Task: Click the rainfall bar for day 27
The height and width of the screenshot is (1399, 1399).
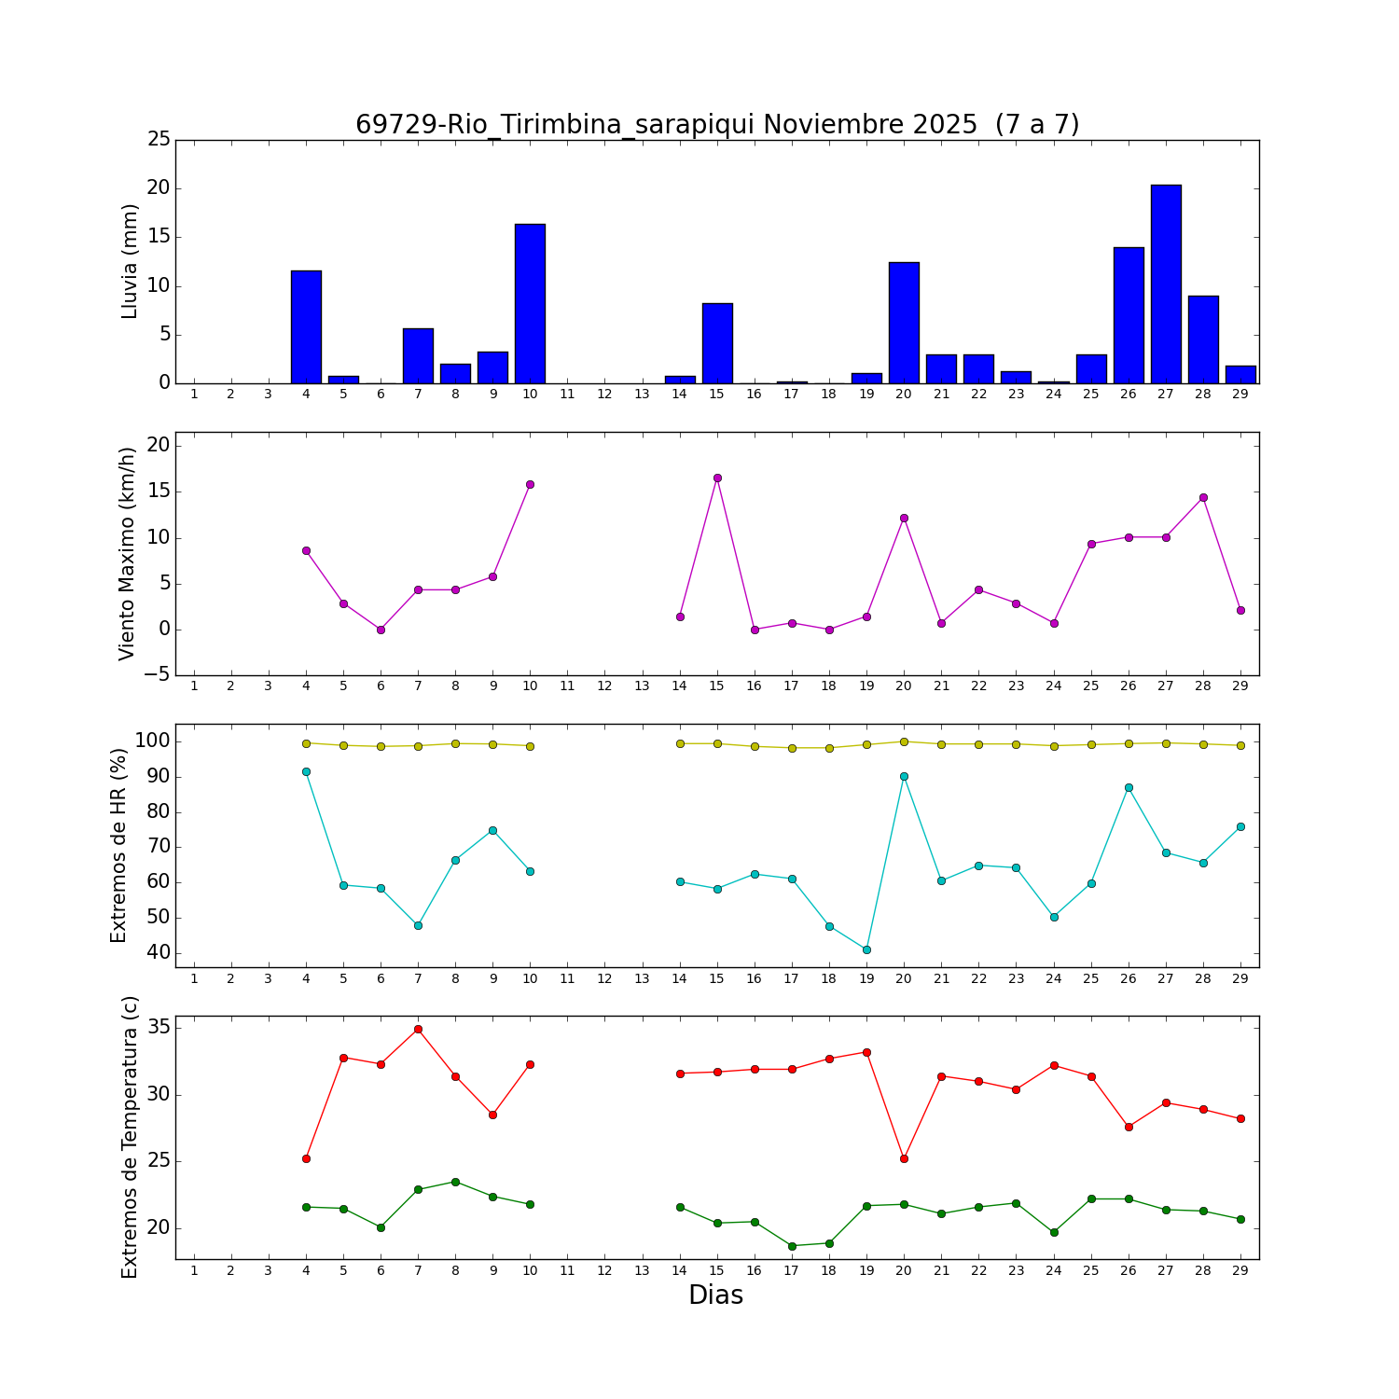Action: (1166, 284)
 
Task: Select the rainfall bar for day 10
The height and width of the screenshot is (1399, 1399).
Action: (530, 304)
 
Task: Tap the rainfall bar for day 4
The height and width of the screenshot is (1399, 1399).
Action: (306, 327)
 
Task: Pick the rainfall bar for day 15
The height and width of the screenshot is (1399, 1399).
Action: (717, 343)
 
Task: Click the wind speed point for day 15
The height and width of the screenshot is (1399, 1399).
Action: (717, 478)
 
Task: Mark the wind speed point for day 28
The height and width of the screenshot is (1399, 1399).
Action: (1203, 497)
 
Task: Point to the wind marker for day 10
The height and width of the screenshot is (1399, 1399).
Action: (530, 484)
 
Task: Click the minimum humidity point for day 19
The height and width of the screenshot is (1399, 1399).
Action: (866, 949)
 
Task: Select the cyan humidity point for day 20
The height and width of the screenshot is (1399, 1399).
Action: (904, 776)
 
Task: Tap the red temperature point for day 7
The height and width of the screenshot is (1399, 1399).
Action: (418, 1029)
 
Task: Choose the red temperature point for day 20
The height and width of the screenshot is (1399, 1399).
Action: (904, 1158)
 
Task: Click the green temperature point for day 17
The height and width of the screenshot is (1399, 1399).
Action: (792, 1246)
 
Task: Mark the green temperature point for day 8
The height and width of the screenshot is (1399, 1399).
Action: (455, 1182)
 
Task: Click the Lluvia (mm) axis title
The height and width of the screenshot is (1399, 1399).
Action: (130, 262)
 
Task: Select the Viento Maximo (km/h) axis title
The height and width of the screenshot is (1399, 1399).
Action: (128, 554)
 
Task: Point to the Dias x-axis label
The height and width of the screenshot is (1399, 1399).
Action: (715, 1295)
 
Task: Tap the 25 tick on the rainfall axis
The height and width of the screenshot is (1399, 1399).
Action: (159, 140)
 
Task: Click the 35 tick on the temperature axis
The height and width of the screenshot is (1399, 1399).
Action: (159, 1028)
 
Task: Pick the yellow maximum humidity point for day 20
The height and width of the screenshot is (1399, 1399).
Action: (904, 741)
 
